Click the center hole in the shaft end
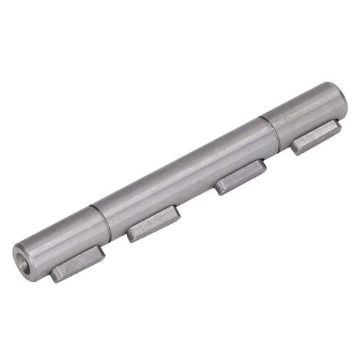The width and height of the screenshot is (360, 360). pyautogui.click(x=22, y=257)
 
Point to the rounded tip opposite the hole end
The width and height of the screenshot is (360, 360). pyautogui.click(x=342, y=97)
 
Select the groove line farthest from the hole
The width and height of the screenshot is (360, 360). pyautogui.click(x=269, y=131)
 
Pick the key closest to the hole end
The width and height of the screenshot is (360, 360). pyautogui.click(x=77, y=264)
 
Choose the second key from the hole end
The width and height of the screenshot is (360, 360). pyautogui.click(x=153, y=223)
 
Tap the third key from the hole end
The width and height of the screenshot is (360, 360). pyautogui.click(x=240, y=177)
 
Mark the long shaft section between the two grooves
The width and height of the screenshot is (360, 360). pyautogui.click(x=184, y=173)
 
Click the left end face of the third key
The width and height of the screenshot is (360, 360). pyautogui.click(x=219, y=189)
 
